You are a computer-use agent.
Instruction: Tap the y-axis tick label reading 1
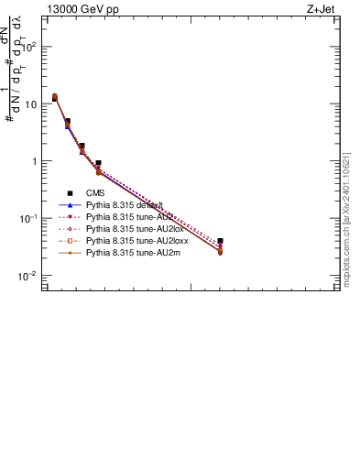pyautogui.click(x=34, y=161)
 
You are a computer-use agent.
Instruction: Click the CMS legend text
pyautogui.click(x=95, y=193)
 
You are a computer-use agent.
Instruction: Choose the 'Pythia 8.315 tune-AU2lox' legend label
pyautogui.click(x=129, y=228)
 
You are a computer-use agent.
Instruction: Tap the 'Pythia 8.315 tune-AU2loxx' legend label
pyautogui.click(x=131, y=240)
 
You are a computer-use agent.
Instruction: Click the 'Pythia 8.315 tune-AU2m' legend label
pyautogui.click(x=127, y=251)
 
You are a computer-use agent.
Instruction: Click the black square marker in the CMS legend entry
pyautogui.click(x=69, y=193)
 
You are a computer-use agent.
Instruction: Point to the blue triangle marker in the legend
pyautogui.click(x=69, y=205)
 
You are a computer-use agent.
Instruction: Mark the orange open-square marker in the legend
pyautogui.click(x=69, y=240)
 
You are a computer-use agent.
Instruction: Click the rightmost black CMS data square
pyautogui.click(x=221, y=241)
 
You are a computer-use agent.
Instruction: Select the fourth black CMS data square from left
pyautogui.click(x=98, y=163)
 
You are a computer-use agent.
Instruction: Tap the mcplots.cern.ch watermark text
pyautogui.click(x=346, y=220)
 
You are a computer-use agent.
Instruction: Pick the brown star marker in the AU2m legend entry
pyautogui.click(x=69, y=251)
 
